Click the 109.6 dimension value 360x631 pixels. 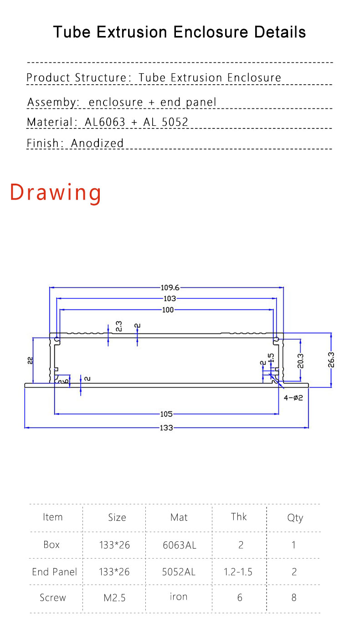170,287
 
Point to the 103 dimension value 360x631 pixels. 170,298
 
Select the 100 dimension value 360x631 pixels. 168,310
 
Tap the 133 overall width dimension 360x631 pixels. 166,428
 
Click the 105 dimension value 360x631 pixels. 166,414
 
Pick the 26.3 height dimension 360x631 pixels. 331,360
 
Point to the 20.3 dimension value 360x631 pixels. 301,361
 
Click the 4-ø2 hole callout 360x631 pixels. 293,398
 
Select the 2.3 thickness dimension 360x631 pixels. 119,326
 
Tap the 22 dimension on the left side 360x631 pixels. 30,360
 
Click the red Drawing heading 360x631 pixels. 56,193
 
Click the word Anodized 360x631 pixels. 97,143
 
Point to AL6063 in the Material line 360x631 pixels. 105,122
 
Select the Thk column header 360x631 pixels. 239,517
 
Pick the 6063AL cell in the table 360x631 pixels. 180,545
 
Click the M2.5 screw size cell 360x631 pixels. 114,597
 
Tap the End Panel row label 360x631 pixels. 54,572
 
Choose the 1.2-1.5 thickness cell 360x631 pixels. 238,572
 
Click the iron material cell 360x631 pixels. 179,596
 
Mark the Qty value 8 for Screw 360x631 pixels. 294,597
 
